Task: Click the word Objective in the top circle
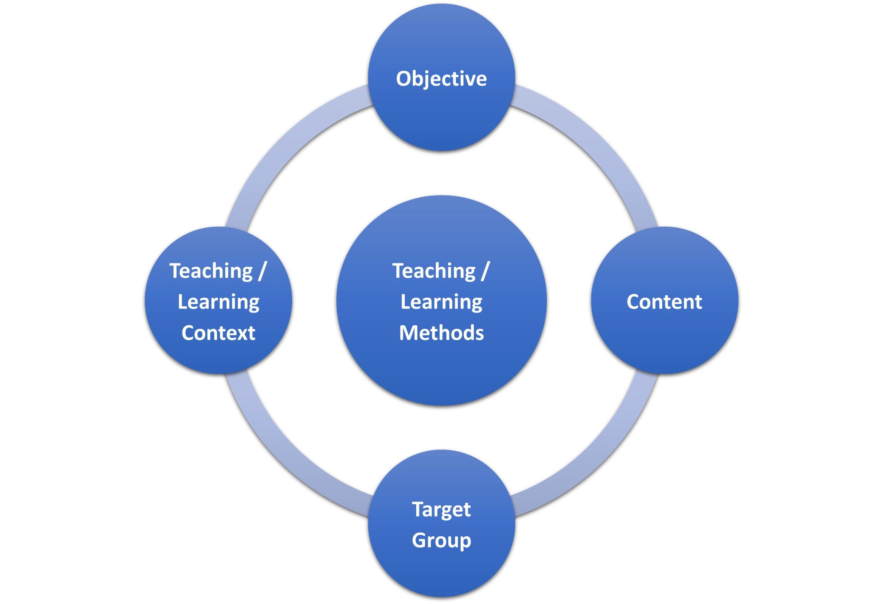pos(441,79)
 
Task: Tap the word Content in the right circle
pos(664,302)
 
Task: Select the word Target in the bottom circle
pos(441,509)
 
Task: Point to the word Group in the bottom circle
pos(441,540)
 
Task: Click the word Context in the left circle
pos(218,333)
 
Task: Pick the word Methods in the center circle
pos(441,333)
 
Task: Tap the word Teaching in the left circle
pos(211,271)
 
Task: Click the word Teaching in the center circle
pos(434,271)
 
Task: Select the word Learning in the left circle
pos(218,302)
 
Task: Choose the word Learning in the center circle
pos(441,302)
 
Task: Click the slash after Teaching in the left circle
pos(261,271)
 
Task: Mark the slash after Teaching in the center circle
pos(484,271)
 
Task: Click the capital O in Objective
pos(404,79)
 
